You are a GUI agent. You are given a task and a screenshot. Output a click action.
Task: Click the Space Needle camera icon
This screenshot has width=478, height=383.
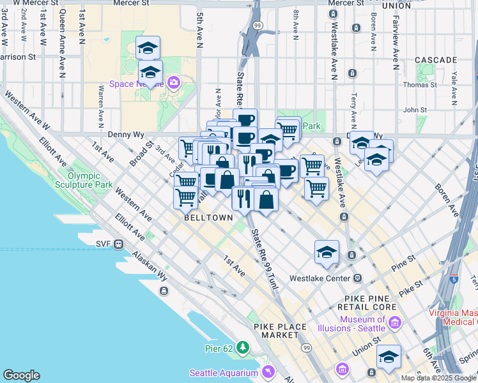click(174, 82)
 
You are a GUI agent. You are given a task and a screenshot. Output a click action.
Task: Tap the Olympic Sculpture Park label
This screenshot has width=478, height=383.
click(93, 181)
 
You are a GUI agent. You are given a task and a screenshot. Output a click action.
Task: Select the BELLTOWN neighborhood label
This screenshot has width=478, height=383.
click(208, 217)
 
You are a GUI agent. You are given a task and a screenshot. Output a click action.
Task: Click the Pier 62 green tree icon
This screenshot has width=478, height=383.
click(242, 347)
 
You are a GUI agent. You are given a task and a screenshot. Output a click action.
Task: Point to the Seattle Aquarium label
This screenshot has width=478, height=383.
click(224, 373)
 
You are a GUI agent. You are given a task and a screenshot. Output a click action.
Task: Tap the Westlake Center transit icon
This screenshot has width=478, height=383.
click(357, 278)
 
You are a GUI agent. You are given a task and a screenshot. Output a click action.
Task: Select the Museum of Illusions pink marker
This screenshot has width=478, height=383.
click(394, 324)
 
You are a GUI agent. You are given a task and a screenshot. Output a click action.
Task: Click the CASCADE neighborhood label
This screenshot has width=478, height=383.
click(436, 59)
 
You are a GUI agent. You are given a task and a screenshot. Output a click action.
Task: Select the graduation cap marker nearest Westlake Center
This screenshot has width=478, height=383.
click(327, 252)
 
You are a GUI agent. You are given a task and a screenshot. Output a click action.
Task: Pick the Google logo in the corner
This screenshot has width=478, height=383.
click(21, 375)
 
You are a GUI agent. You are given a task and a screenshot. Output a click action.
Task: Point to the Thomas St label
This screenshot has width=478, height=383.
click(420, 84)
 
